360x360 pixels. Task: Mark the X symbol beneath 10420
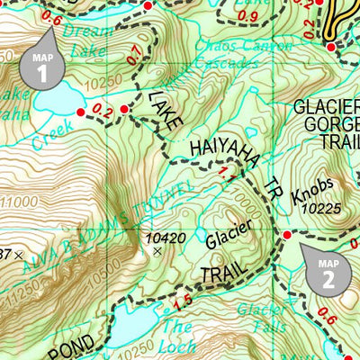[158, 252]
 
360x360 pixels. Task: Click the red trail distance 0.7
[134, 59]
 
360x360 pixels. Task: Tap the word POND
[65, 348]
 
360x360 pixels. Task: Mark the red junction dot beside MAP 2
[287, 235]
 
